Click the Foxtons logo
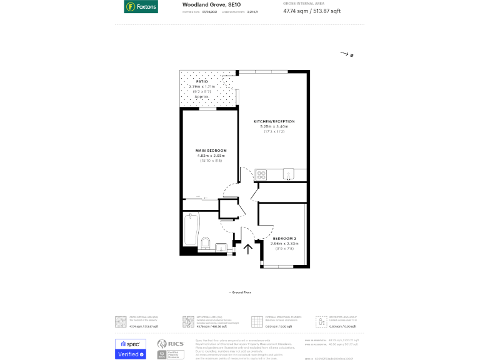[x=141, y=7]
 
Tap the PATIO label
[x=202, y=81]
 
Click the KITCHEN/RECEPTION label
[x=274, y=121]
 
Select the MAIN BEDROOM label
[x=211, y=151]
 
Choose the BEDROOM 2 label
[x=284, y=239]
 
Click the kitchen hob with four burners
[x=261, y=175]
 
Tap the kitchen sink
[x=288, y=173]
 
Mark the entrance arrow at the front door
[x=248, y=249]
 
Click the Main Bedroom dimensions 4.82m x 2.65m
[x=211, y=156]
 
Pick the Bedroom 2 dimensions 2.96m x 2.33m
[x=284, y=244]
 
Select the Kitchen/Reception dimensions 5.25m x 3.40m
[x=274, y=126]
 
